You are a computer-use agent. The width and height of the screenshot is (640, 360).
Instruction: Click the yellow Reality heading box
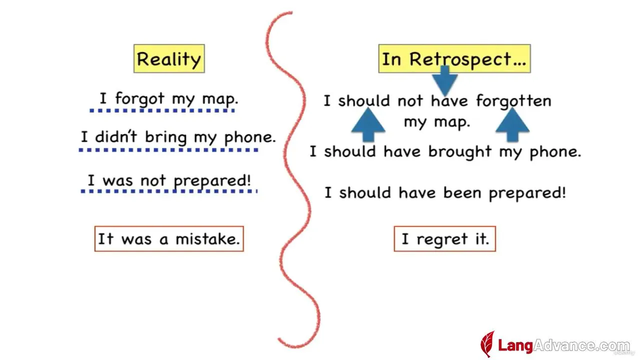click(169, 58)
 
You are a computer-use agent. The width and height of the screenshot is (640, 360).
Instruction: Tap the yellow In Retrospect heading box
click(454, 58)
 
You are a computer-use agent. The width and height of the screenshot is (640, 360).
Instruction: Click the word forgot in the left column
click(139, 99)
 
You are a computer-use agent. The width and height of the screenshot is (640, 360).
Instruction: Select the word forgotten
click(513, 101)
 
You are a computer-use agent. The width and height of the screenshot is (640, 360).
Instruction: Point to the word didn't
click(116, 136)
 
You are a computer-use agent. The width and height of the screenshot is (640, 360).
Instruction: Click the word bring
click(166, 137)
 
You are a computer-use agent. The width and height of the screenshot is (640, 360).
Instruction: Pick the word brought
click(460, 152)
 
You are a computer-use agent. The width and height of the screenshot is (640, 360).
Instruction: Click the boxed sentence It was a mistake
click(169, 239)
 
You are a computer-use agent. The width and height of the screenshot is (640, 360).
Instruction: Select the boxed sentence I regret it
click(445, 239)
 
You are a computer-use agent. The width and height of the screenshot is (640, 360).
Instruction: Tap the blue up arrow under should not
click(368, 124)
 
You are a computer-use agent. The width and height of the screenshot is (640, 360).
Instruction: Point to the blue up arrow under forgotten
click(512, 124)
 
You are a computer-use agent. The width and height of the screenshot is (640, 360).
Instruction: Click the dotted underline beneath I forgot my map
click(162, 110)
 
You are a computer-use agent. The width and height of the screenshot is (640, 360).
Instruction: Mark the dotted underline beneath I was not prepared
click(169, 191)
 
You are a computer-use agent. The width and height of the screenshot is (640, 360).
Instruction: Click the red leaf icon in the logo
click(487, 344)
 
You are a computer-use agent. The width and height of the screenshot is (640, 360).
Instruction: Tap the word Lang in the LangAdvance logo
click(515, 345)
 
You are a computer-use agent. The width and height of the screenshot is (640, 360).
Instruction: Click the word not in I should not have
click(410, 101)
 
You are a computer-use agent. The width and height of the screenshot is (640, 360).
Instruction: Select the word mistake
click(207, 239)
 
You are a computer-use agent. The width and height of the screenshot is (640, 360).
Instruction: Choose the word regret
click(442, 240)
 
